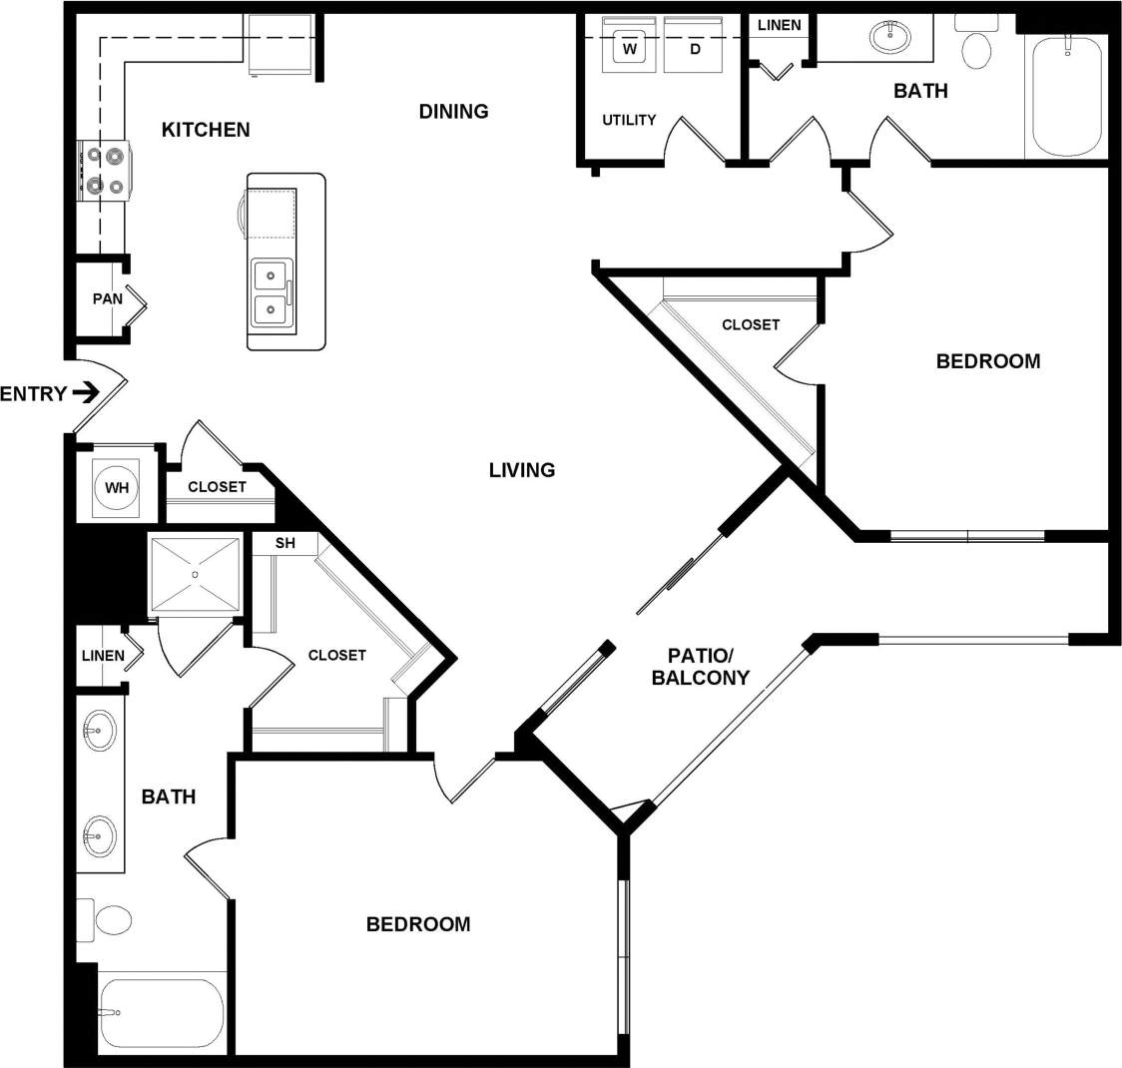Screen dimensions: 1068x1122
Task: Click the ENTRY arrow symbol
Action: [87, 392]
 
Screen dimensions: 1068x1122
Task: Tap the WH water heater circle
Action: [118, 488]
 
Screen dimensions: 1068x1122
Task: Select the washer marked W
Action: [629, 47]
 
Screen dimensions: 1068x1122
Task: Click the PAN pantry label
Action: [107, 298]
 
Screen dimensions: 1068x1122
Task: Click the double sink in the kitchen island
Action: [272, 292]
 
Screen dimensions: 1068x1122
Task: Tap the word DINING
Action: [453, 111]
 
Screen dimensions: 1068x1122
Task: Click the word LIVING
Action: [521, 469]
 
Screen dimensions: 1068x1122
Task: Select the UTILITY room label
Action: [629, 120]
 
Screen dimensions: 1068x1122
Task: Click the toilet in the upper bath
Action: [975, 45]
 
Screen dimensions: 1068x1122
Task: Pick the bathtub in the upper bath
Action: [1066, 98]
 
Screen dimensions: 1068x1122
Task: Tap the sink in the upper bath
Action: [890, 39]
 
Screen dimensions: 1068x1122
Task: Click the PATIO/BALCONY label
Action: [700, 667]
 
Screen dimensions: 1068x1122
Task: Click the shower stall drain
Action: [196, 574]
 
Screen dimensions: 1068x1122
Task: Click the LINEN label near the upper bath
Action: [779, 25]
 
